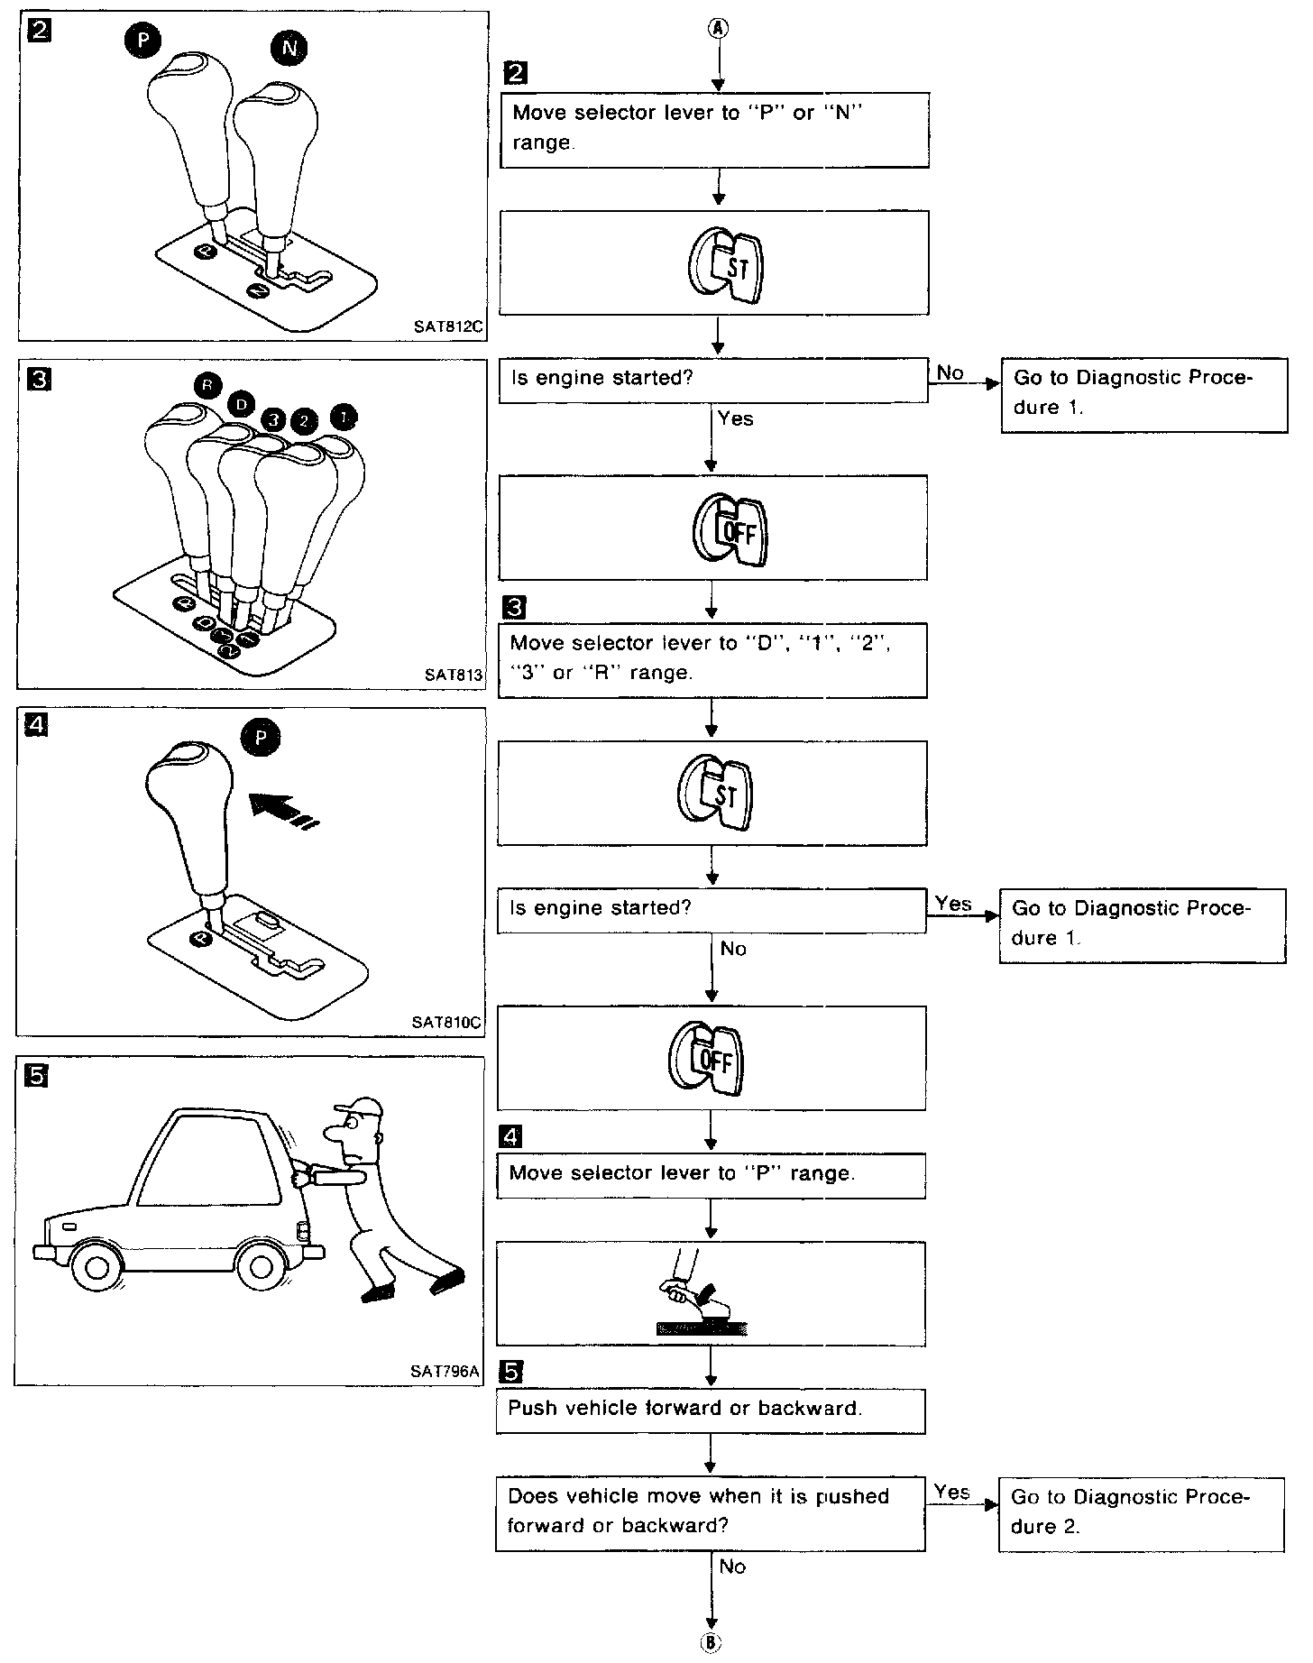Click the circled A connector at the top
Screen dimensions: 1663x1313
click(x=719, y=28)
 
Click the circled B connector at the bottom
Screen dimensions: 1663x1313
click(x=712, y=1642)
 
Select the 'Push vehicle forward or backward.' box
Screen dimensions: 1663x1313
click(x=711, y=1411)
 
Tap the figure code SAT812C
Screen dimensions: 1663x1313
click(x=448, y=327)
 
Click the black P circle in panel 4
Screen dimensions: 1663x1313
click(x=261, y=738)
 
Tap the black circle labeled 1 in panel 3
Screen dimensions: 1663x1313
click(x=344, y=416)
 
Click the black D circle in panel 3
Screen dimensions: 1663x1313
click(x=241, y=404)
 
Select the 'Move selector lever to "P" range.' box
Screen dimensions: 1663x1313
click(x=711, y=1175)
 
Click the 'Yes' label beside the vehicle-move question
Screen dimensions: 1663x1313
click(x=952, y=1493)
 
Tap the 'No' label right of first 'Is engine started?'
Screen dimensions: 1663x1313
click(x=950, y=372)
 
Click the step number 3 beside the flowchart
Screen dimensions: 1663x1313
click(x=516, y=608)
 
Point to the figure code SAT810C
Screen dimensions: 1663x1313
click(x=446, y=1023)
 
